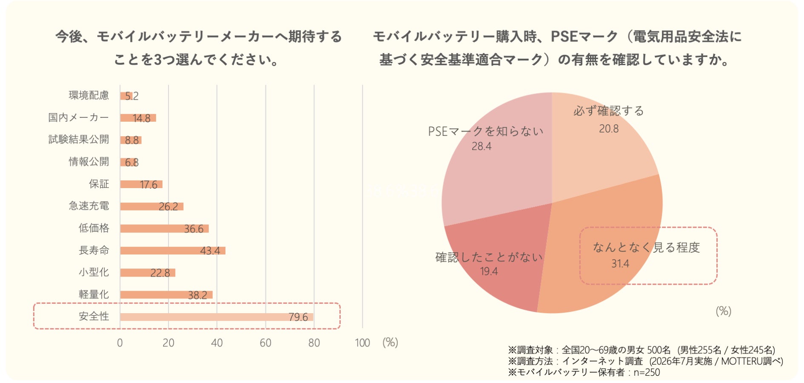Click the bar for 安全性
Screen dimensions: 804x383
[x=217, y=317]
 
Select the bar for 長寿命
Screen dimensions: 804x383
[x=173, y=251]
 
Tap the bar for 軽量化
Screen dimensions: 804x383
[x=166, y=295]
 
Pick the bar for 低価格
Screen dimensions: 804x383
[x=164, y=229]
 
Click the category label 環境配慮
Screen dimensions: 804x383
[x=89, y=95]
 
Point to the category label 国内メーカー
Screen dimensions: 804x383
[x=79, y=117]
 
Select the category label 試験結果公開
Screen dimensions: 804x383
[x=79, y=140]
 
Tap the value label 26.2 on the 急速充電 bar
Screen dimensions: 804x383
[x=168, y=207]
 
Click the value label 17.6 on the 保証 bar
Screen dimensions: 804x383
[x=148, y=185]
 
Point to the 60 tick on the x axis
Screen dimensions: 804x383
[x=265, y=343]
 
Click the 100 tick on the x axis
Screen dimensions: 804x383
[x=362, y=343]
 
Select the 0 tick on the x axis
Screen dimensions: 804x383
[x=120, y=343]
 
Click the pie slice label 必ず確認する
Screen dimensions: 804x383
[x=609, y=111]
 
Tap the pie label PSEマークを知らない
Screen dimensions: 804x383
[x=486, y=131]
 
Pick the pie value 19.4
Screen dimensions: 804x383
[x=489, y=272]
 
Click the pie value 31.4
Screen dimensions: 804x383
[x=620, y=264]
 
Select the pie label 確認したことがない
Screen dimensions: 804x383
[x=489, y=257]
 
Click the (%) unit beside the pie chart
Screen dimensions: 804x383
[x=723, y=311]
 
